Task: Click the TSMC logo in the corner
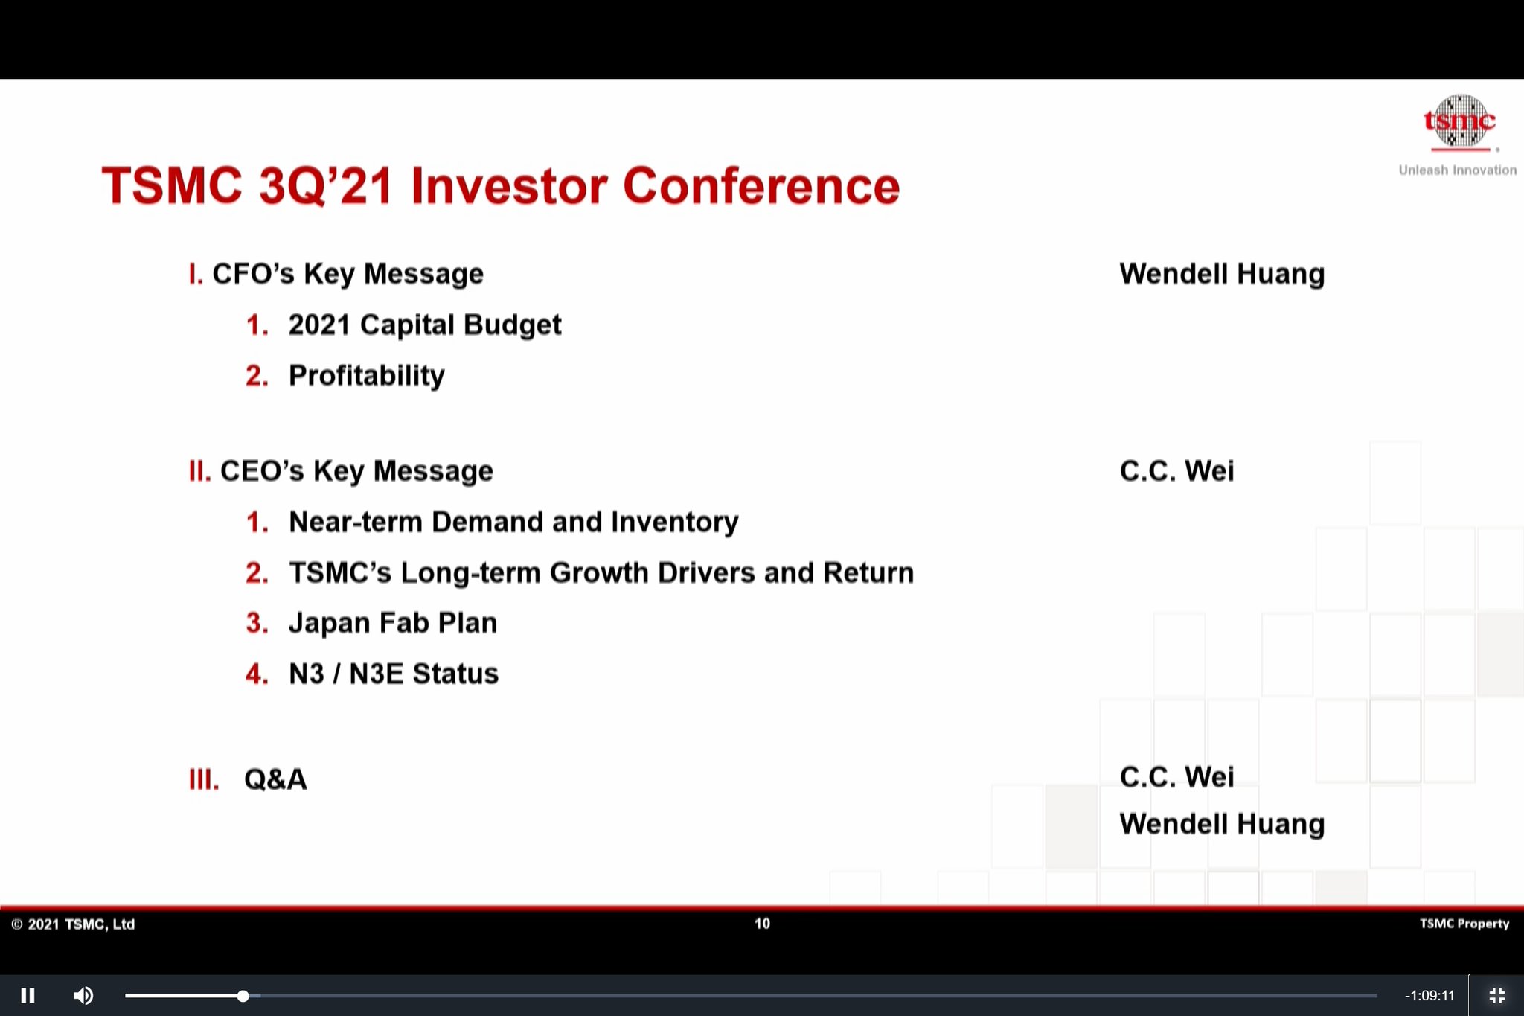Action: coord(1459,121)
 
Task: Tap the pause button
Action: coord(28,995)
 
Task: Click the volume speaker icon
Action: coord(83,995)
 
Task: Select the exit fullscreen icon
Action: coord(1496,995)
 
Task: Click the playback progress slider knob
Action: coord(243,995)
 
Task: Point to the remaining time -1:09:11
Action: coord(1429,995)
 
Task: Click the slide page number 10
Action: coord(762,924)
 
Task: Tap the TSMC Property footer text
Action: coord(1464,924)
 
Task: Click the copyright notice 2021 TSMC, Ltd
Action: coord(73,924)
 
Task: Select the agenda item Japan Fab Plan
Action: coord(392,623)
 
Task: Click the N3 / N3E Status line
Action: coord(393,674)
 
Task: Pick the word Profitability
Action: coord(366,376)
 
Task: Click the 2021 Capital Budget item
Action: coord(424,325)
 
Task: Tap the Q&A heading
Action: coord(275,779)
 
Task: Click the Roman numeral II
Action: coord(199,471)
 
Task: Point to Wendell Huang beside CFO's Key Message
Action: coord(1222,274)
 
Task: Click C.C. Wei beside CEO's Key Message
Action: coord(1176,471)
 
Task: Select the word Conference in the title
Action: coord(761,185)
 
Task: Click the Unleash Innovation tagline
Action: coord(1457,170)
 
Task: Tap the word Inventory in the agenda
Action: coord(674,522)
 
